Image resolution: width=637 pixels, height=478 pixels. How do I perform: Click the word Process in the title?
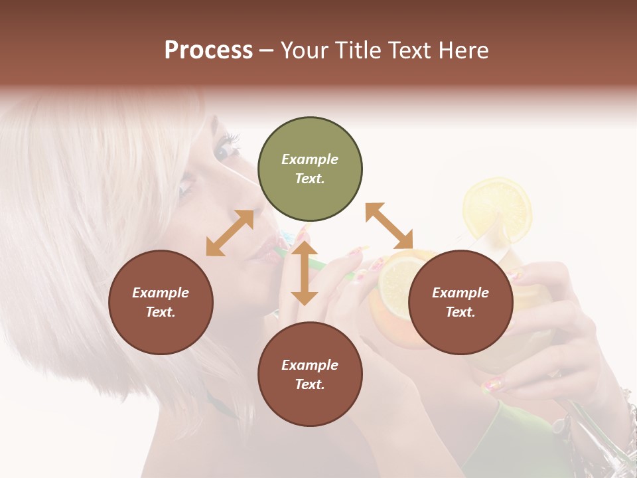coord(208,50)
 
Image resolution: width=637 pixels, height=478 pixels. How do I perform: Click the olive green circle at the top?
coord(310,169)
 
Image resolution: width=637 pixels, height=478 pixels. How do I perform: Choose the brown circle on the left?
coord(161,302)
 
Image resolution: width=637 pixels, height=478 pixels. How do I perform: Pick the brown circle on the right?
coord(460,302)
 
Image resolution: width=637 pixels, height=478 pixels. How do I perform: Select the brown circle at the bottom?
coord(310,374)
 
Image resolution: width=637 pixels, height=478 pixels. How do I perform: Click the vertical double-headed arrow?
coord(305,273)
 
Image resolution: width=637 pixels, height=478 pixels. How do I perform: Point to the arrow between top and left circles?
coord(230,233)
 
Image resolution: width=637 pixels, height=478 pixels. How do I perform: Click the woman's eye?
coord(224,151)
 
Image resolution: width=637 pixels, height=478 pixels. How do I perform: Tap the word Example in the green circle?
coord(310,159)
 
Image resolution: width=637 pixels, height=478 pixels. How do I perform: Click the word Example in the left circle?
coord(161,293)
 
